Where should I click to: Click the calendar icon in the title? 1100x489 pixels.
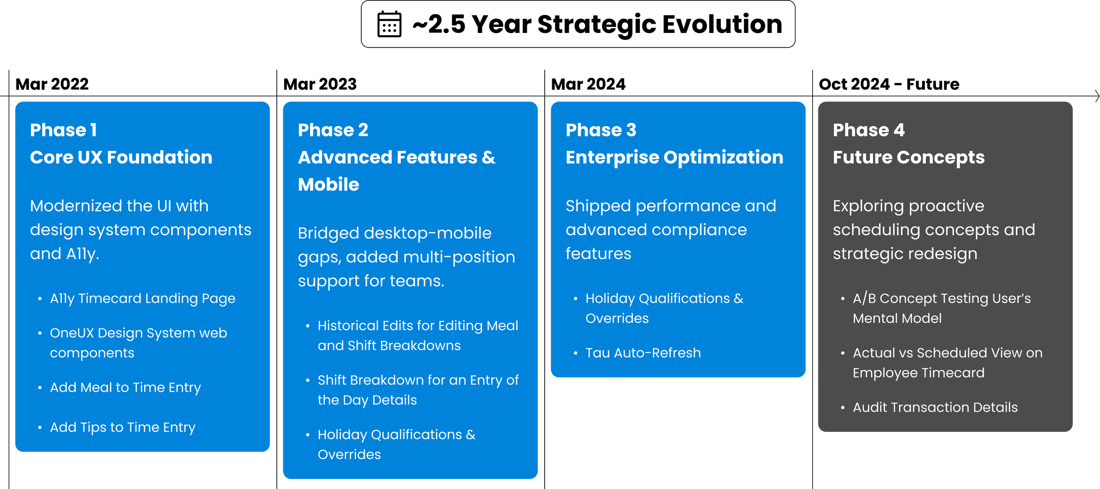tap(389, 24)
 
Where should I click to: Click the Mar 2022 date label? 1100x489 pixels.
tap(52, 84)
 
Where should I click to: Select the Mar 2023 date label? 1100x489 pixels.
tap(320, 84)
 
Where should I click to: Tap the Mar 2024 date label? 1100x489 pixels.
tap(588, 84)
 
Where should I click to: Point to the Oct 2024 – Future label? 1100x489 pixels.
tap(889, 84)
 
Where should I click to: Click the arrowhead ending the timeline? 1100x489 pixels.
tap(1097, 96)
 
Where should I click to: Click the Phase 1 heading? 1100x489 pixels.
tap(63, 130)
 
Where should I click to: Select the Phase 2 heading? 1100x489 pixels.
tap(333, 130)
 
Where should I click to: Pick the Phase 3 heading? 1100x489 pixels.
tap(601, 130)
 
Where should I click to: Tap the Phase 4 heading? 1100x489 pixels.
tap(869, 130)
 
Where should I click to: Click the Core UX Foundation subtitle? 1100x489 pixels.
tap(121, 157)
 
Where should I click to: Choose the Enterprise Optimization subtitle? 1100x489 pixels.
tap(675, 157)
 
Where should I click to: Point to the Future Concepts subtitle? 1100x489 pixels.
tap(909, 157)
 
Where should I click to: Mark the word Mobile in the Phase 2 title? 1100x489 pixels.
tap(329, 185)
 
